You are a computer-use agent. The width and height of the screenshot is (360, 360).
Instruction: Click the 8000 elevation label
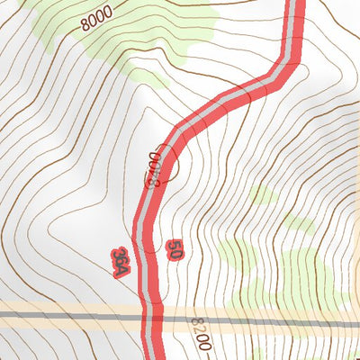95,18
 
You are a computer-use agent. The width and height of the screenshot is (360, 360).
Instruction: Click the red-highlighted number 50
175,250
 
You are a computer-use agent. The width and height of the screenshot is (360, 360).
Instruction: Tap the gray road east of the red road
270,320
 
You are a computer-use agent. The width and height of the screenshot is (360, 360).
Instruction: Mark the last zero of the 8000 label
108,12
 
